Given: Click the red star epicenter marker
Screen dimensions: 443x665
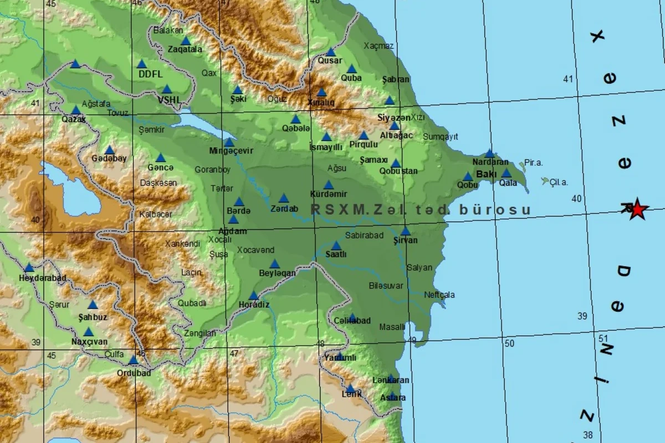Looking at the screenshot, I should [637, 209].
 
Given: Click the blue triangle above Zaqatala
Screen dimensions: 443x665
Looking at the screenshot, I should [186, 40].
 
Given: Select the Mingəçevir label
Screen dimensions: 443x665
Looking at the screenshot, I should [231, 151].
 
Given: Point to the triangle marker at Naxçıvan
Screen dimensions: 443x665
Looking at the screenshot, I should [89, 332].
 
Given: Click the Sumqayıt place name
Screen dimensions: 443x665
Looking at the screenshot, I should [441, 136].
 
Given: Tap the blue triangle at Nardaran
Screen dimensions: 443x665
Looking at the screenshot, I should [489, 153].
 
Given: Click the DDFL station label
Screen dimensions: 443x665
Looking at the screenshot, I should [150, 74].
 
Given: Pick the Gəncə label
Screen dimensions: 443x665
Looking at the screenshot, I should [161, 167].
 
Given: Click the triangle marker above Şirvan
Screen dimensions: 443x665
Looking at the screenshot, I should [406, 231].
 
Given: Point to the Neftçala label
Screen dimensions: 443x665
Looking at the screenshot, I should [439, 295].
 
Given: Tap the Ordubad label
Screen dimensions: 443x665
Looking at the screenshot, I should [134, 373].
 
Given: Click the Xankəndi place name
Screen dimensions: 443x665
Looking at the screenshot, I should [182, 243].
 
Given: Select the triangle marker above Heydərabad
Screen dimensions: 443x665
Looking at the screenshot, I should [29, 267].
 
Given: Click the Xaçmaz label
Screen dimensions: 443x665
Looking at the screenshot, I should [378, 46].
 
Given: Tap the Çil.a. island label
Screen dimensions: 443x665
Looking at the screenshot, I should [559, 182].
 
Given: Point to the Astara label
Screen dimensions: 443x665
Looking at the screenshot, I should [393, 398].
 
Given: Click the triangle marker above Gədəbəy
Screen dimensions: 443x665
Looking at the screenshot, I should [109, 150].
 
